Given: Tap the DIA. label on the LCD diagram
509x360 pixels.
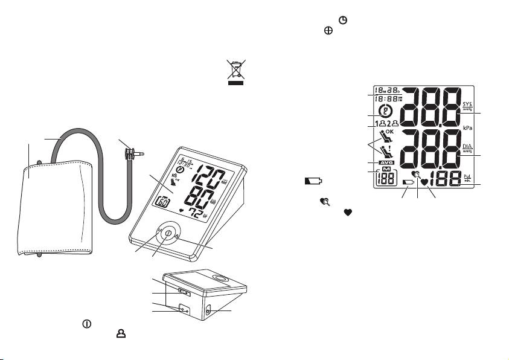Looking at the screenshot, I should tap(468, 147).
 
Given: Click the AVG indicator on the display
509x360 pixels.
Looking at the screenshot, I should tap(385, 164).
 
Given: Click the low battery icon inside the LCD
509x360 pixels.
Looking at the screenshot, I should tap(409, 181).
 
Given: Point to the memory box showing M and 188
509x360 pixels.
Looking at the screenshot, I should tap(386, 179).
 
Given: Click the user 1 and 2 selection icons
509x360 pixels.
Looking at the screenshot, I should tap(385, 125).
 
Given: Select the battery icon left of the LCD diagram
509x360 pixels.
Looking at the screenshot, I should tap(313, 180).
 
